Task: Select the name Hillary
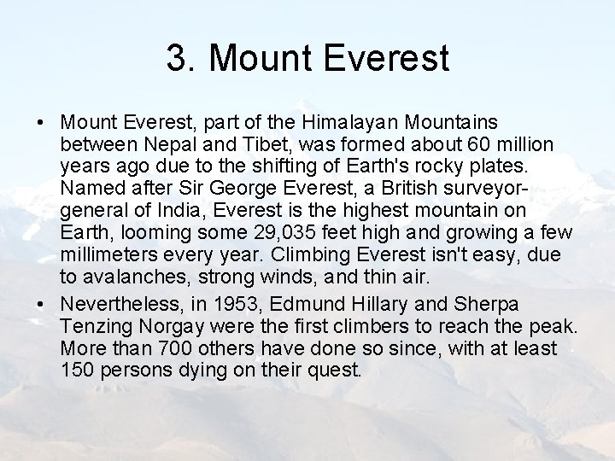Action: [x=394, y=306]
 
